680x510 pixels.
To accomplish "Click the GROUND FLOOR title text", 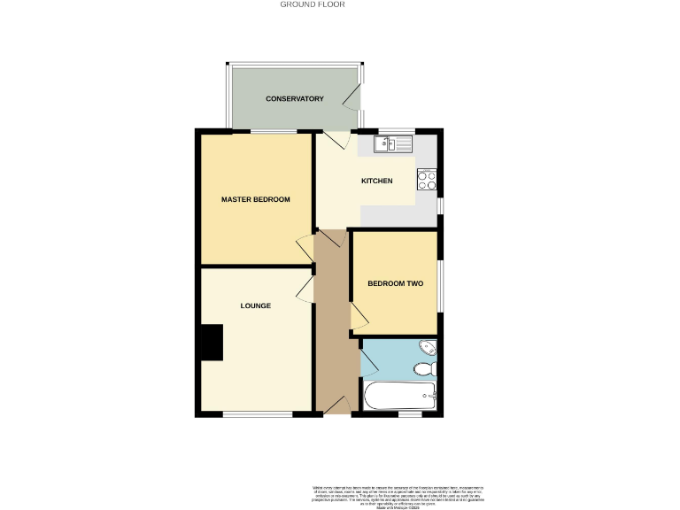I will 313,4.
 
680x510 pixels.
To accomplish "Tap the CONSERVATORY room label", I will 295,98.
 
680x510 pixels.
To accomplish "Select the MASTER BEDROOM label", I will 255,199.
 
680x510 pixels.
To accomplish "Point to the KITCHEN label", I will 376,182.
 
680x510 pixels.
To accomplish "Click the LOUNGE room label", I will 255,305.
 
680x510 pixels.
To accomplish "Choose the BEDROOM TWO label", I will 396,284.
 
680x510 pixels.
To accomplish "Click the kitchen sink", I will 390,143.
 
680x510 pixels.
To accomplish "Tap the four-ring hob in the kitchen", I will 426,180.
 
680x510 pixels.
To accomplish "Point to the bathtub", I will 399,395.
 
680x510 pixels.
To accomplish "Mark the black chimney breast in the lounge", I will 212,342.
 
